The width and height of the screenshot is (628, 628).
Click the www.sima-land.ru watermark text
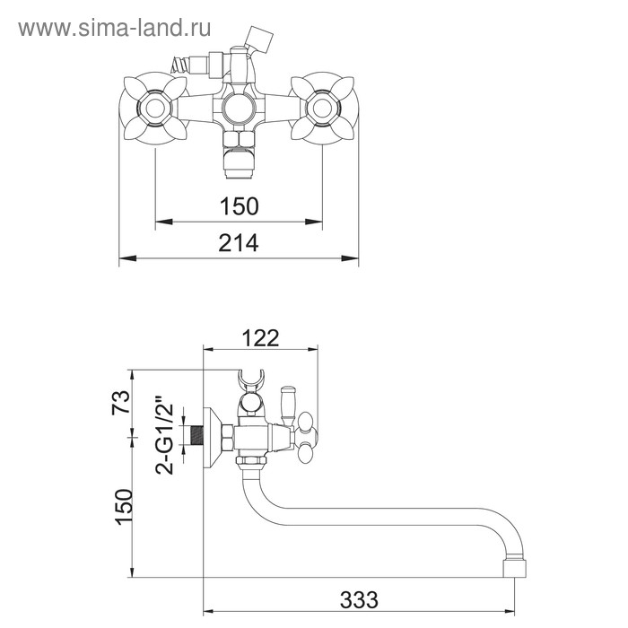[x=115, y=29]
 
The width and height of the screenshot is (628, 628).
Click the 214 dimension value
[x=239, y=243]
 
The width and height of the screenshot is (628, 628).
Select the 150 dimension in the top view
[x=240, y=206]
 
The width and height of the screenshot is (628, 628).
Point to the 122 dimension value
[x=260, y=338]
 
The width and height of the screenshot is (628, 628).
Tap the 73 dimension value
[x=121, y=402]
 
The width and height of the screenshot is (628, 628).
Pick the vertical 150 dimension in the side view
[x=124, y=507]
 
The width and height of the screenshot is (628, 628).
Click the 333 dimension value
[x=359, y=600]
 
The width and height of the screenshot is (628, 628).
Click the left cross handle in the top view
[x=155, y=109]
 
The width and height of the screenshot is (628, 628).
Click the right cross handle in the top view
[x=322, y=109]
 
